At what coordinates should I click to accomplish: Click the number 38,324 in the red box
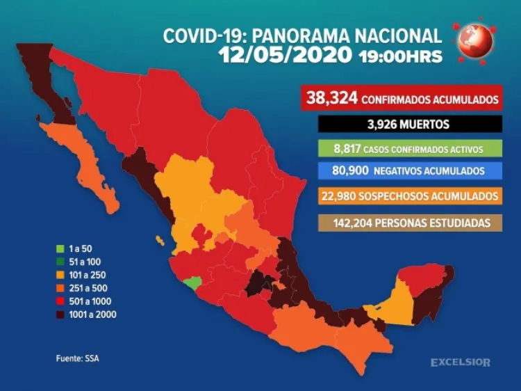pyautogui.click(x=331, y=99)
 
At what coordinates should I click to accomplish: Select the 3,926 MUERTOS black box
pyautogui.click(x=409, y=125)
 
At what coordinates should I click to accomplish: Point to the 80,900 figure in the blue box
pyautogui.click(x=336, y=171)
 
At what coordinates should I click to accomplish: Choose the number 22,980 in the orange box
pyautogui.click(x=337, y=196)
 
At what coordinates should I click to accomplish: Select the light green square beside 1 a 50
pyautogui.click(x=60, y=248)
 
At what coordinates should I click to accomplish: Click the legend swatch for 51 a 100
pyautogui.click(x=60, y=262)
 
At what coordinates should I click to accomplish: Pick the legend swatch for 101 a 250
pyautogui.click(x=60, y=275)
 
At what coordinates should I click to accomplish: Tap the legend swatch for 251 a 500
pyautogui.click(x=60, y=288)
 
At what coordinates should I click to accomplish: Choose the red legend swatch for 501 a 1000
pyautogui.click(x=60, y=301)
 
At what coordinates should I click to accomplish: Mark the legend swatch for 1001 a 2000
pyautogui.click(x=60, y=314)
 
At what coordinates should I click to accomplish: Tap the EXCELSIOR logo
pyautogui.click(x=460, y=362)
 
